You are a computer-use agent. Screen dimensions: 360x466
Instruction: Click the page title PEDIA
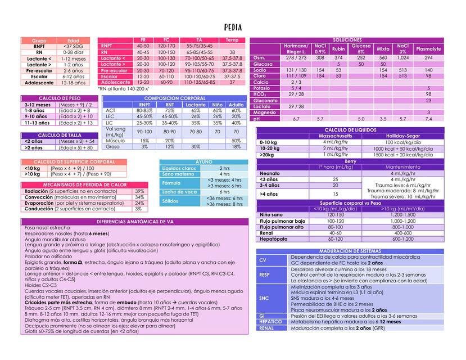(233, 27)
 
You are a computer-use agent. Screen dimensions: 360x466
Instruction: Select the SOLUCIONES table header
(347, 40)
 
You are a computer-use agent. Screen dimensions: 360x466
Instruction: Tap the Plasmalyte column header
(428, 49)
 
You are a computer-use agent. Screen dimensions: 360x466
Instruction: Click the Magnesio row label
(265, 112)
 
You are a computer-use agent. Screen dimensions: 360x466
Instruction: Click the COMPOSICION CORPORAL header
(175, 98)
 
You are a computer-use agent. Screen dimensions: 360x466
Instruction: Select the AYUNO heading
(203, 162)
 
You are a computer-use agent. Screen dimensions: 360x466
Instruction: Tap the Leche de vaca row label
(179, 192)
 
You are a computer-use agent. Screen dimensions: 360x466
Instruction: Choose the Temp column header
(232, 40)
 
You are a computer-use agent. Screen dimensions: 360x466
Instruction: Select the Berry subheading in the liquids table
(350, 161)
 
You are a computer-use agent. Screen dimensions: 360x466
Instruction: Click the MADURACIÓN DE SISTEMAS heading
(350, 251)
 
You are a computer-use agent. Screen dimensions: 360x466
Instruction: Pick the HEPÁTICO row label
(270, 322)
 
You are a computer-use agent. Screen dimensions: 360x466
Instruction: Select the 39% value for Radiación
(139, 191)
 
